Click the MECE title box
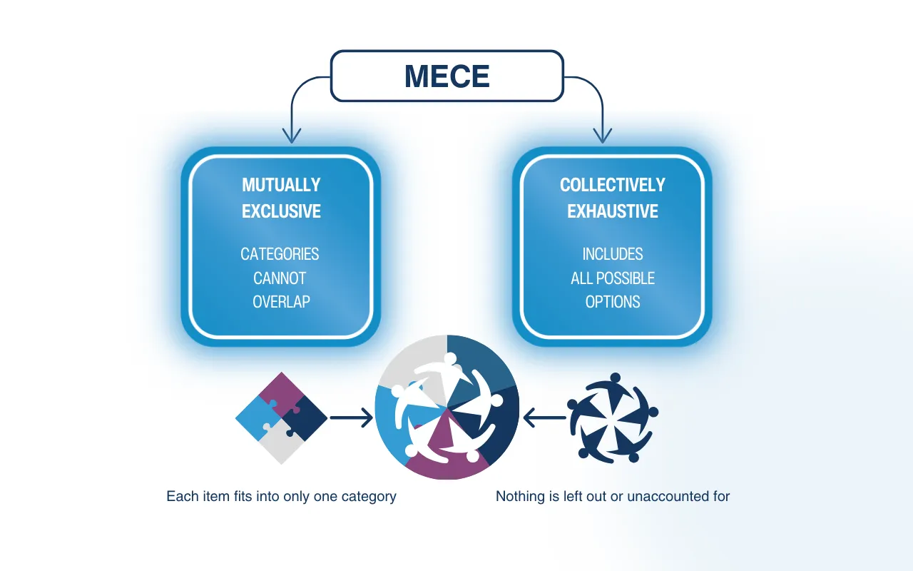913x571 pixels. (447, 76)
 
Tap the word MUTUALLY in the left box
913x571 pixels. (281, 185)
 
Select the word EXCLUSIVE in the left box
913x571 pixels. (281, 211)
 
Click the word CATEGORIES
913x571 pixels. (280, 254)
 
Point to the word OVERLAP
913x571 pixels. (281, 302)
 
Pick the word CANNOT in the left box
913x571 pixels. (280, 278)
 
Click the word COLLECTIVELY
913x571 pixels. (612, 185)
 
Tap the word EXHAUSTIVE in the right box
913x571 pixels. (612, 211)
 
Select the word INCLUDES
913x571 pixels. (612, 254)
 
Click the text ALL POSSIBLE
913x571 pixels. (612, 278)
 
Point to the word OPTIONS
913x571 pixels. (612, 302)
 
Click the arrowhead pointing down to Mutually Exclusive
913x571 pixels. (292, 136)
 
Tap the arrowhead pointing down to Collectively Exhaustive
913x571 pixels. (603, 136)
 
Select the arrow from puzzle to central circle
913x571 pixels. (351, 418)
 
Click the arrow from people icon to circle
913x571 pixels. (545, 418)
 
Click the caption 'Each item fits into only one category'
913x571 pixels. (281, 496)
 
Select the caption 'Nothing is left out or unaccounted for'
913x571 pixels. (612, 496)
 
